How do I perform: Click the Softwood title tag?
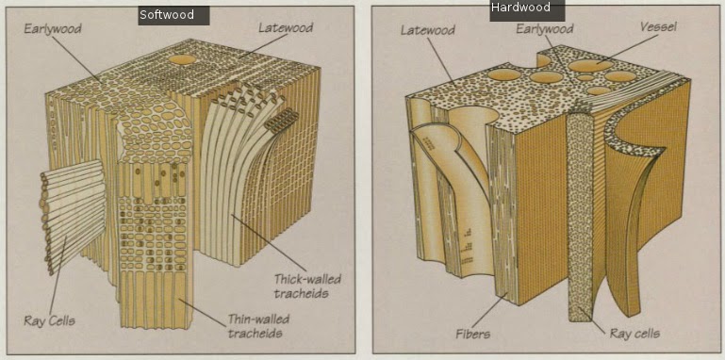(173, 15)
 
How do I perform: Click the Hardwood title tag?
(527, 9)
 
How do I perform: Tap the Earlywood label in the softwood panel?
(53, 29)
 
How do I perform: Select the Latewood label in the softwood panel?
(286, 27)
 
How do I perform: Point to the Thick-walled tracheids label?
(307, 286)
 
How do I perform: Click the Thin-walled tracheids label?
(258, 326)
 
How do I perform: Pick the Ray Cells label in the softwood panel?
(49, 321)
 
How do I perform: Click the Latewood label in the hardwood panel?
(428, 30)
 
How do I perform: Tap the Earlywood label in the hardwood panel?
(545, 29)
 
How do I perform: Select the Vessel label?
(658, 26)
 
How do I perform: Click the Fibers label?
(472, 334)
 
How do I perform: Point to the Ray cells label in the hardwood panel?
(634, 334)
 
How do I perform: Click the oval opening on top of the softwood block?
(183, 59)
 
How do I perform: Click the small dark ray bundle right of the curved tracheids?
(281, 119)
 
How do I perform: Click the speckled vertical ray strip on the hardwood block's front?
(580, 217)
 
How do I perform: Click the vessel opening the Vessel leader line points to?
(590, 66)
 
